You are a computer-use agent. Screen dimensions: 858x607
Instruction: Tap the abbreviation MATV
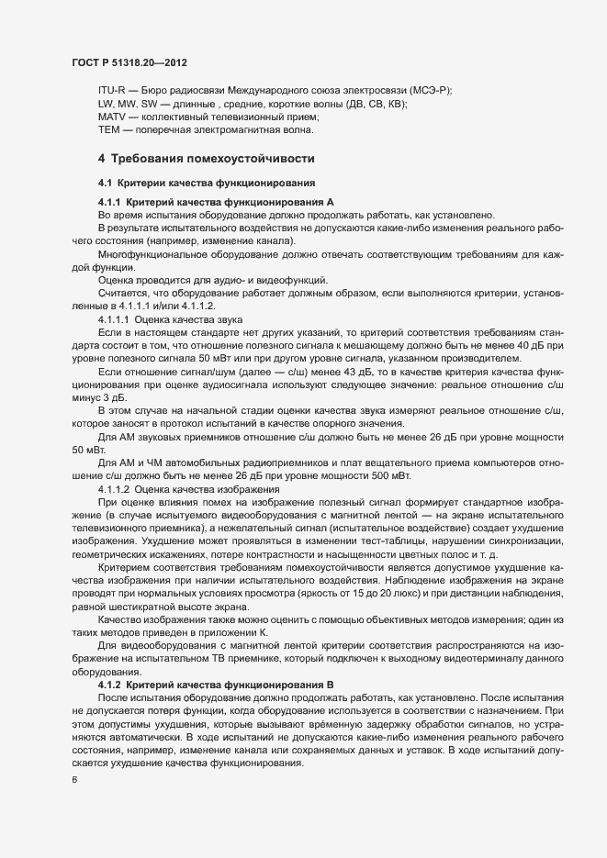(x=113, y=117)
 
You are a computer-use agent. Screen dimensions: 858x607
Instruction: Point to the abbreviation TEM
(x=109, y=130)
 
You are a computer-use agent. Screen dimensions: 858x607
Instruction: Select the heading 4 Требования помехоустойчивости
(x=207, y=159)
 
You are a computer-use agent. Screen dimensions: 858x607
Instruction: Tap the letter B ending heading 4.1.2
(x=331, y=685)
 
